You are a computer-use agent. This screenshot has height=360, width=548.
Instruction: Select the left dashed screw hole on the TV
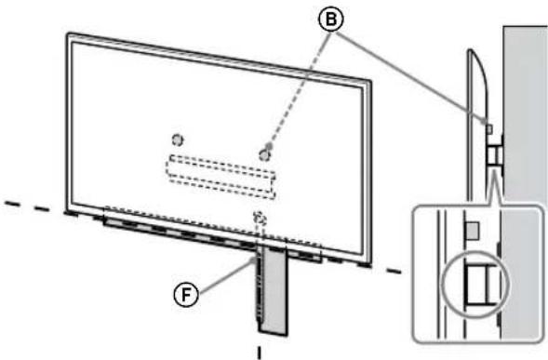pos(178,140)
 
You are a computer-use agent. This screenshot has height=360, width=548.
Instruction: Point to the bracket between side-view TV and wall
pos(494,152)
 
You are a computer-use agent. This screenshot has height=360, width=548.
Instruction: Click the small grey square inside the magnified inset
pos(473,227)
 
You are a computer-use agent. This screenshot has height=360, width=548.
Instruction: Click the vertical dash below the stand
pos(259,353)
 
